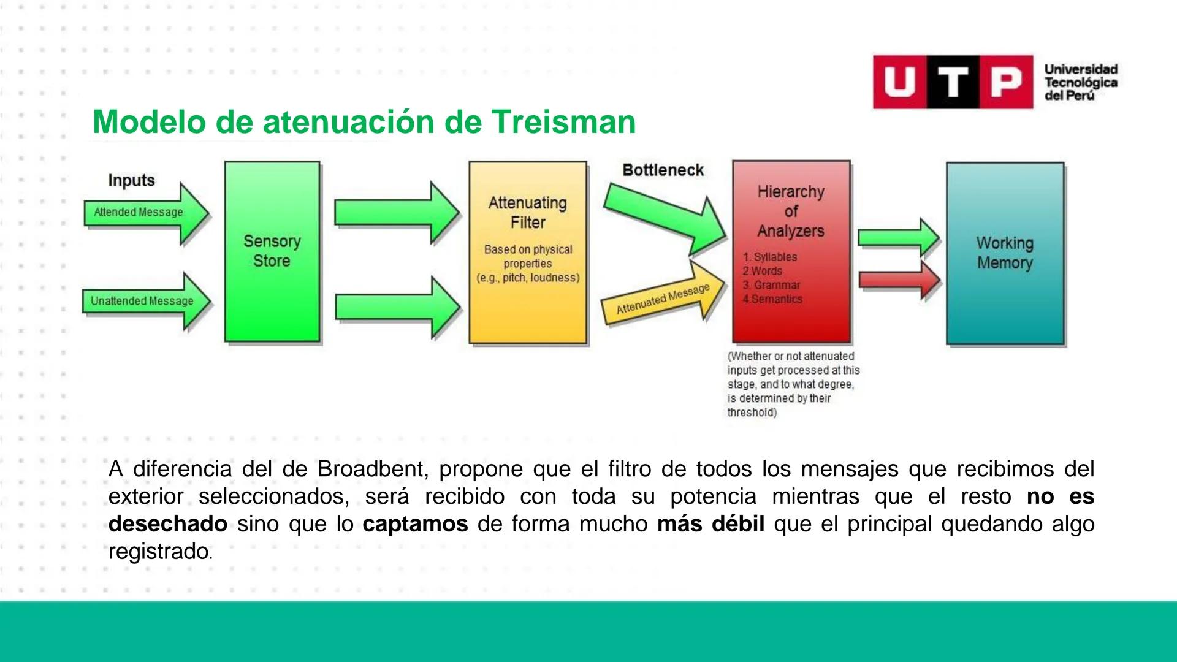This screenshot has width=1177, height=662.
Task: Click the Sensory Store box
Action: click(x=272, y=251)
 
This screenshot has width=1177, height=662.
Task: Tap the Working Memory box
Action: click(x=1005, y=253)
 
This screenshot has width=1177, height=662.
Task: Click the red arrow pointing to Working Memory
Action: click(x=897, y=280)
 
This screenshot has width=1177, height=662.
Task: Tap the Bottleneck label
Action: click(x=663, y=170)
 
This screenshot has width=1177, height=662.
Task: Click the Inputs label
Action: click(x=131, y=180)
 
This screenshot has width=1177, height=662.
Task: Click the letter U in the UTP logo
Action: click(x=899, y=82)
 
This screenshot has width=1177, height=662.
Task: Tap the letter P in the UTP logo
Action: click(x=1006, y=82)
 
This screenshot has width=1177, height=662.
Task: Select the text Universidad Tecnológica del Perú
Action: click(x=1080, y=82)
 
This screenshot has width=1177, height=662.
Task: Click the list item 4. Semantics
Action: click(x=772, y=299)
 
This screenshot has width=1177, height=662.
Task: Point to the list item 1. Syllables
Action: click(x=770, y=257)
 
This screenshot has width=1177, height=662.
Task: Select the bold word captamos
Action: click(x=415, y=524)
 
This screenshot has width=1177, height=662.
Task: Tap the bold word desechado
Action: click(x=167, y=524)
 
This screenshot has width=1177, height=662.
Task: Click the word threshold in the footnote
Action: click(x=751, y=413)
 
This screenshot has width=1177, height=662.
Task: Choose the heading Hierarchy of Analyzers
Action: click(x=791, y=211)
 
